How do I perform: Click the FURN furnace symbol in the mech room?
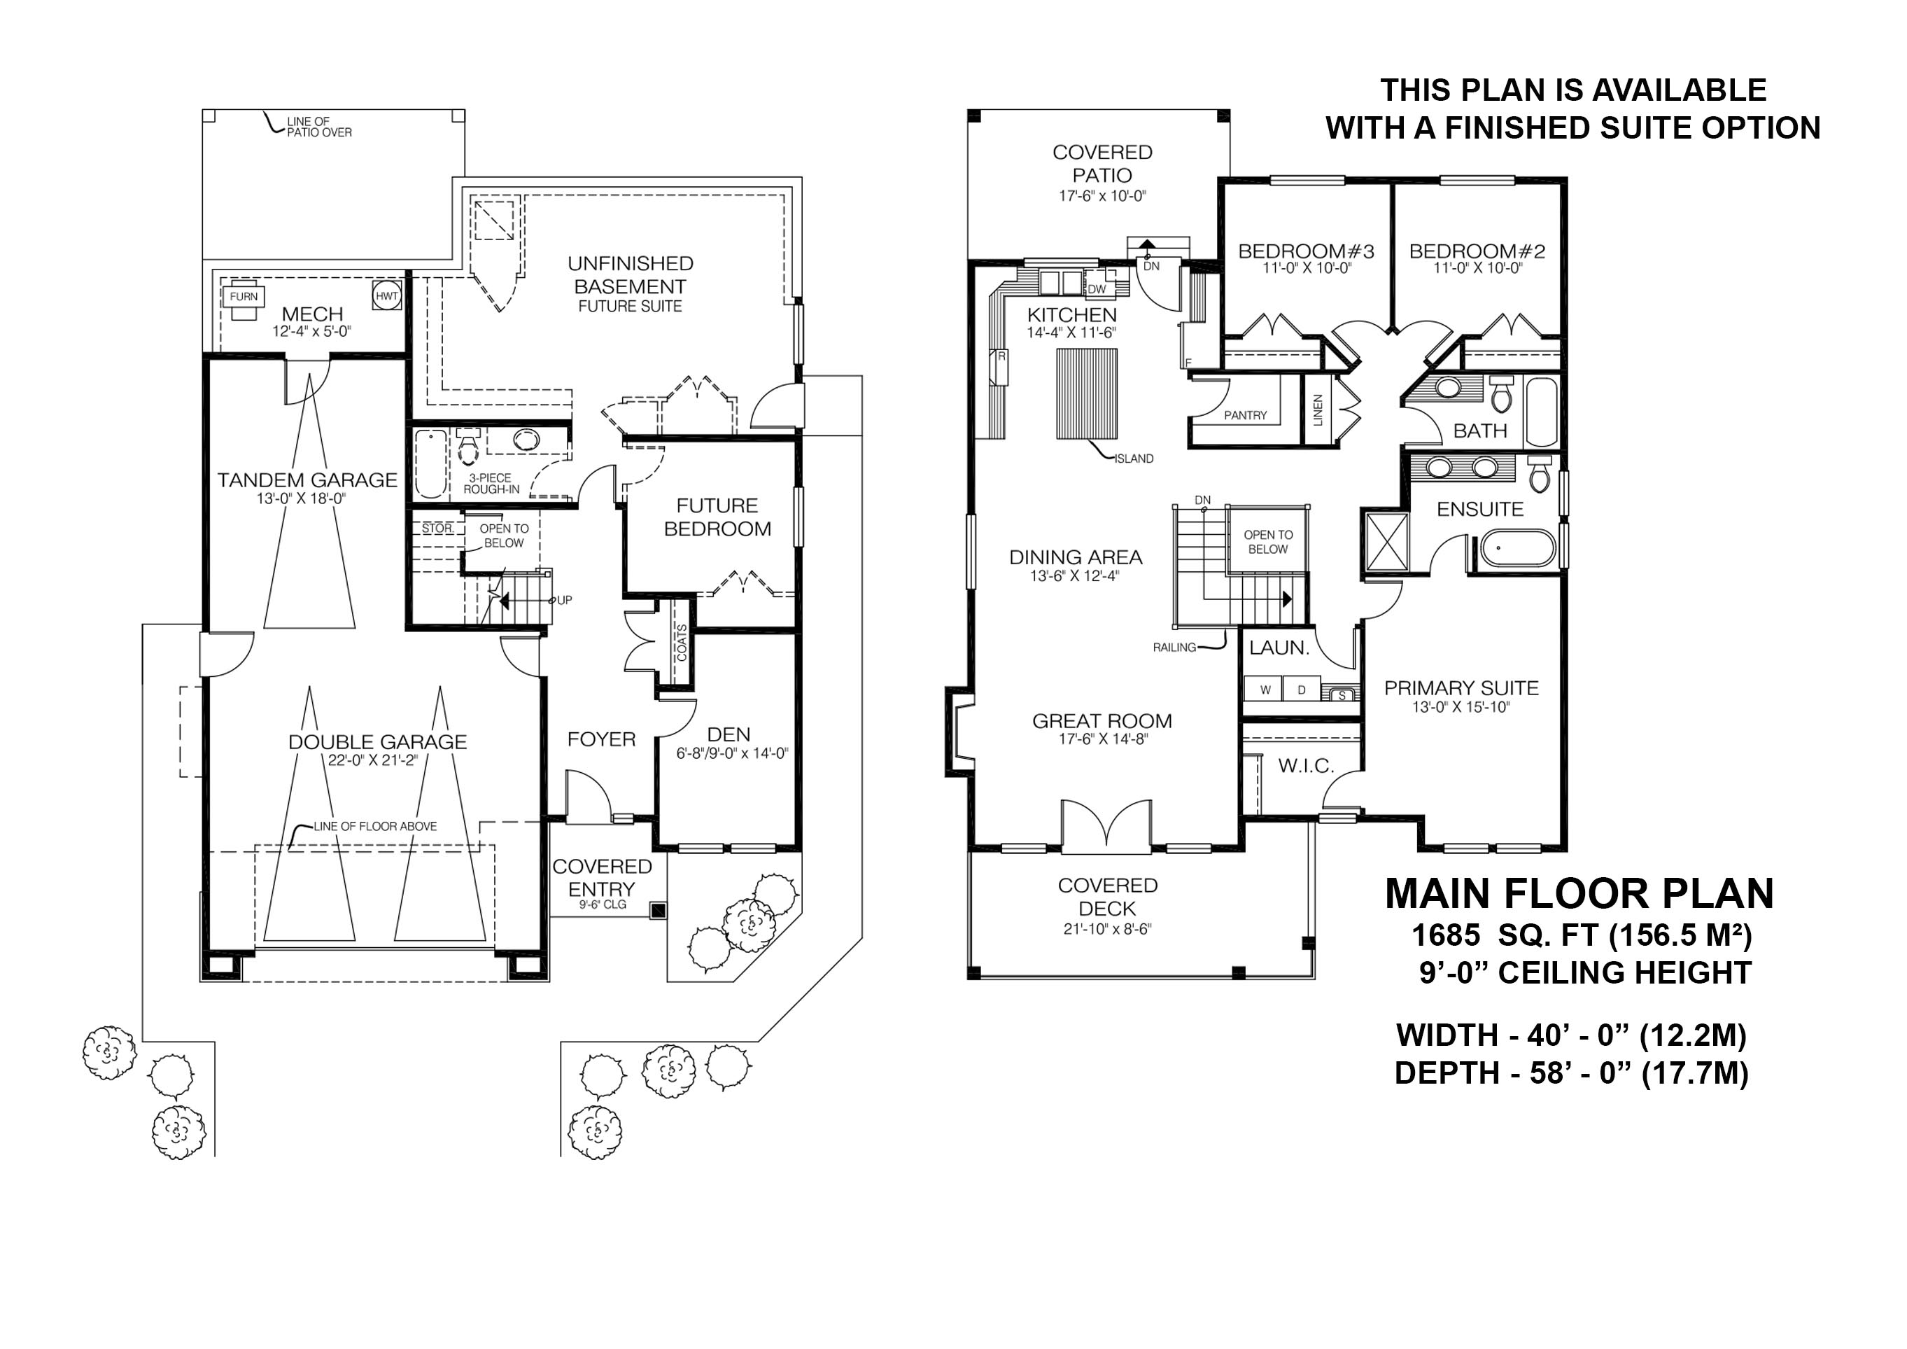[x=244, y=298]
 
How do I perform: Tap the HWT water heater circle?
[x=387, y=297]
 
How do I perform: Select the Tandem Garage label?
[x=307, y=480]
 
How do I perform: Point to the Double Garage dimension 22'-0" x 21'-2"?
[x=377, y=760]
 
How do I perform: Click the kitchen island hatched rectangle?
[x=1086, y=393]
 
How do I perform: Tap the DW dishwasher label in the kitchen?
[x=1097, y=289]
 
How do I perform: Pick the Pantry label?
[x=1245, y=415]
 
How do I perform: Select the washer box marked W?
[x=1265, y=690]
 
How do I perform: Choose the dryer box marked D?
[x=1301, y=690]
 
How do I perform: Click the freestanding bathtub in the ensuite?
[x=1516, y=550]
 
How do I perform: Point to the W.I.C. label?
[x=1306, y=766]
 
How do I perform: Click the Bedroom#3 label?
[x=1307, y=251]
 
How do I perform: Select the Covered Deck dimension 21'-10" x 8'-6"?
[x=1107, y=930]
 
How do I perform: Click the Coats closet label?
[x=682, y=643]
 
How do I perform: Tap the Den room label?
[x=729, y=734]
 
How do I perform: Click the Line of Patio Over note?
[x=319, y=127]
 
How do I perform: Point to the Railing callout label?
[x=1174, y=647]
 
